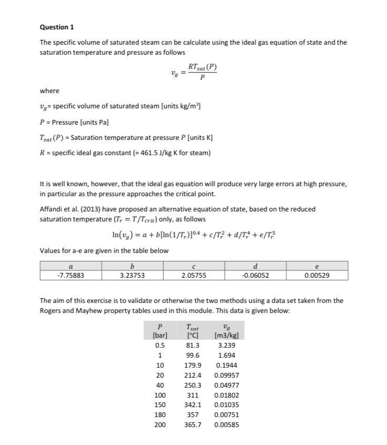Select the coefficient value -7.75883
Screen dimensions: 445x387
click(x=71, y=275)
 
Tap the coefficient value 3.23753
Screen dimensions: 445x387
click(x=132, y=275)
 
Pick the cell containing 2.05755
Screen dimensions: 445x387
click(x=193, y=275)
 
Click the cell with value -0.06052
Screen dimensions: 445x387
click(x=255, y=275)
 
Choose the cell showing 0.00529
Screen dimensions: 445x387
click(x=317, y=275)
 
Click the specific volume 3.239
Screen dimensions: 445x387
click(x=226, y=345)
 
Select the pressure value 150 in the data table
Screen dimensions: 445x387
click(x=160, y=404)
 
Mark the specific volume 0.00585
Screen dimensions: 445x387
click(x=226, y=424)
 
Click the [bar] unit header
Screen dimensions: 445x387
click(x=160, y=335)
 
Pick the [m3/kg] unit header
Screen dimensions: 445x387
click(x=226, y=335)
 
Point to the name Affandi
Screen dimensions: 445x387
click(x=51, y=209)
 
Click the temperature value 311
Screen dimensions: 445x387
click(x=193, y=395)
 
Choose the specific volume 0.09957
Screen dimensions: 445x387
click(x=226, y=375)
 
